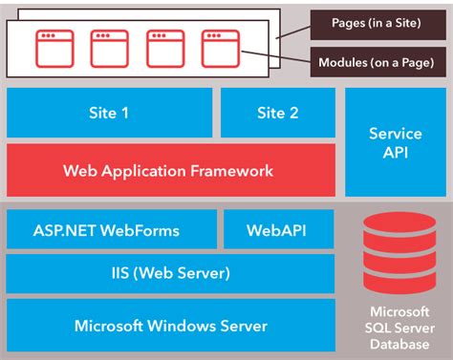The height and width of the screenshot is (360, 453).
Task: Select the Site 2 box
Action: click(x=278, y=113)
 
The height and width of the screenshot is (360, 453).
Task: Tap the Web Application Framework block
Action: click(x=170, y=171)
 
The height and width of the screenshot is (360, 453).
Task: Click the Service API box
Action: click(x=395, y=142)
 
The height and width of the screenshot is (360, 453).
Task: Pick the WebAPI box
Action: click(x=278, y=230)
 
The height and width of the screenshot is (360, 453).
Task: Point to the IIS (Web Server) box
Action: click(x=170, y=273)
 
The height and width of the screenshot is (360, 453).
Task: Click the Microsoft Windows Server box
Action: click(x=170, y=325)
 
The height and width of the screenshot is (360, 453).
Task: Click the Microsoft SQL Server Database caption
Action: click(x=395, y=328)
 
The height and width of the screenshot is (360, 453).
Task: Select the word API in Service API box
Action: click(x=395, y=152)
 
